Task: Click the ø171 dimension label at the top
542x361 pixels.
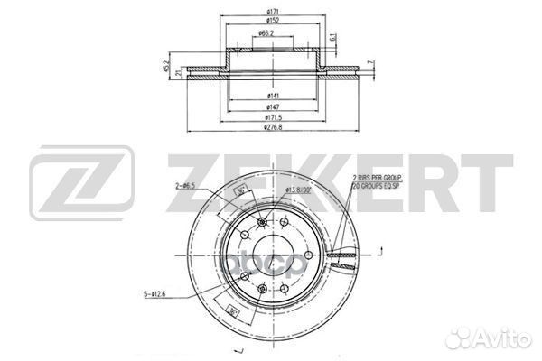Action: click(272, 12)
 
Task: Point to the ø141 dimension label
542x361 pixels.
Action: click(272, 95)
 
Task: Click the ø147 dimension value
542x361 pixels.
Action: click(272, 106)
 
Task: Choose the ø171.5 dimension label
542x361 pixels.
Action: click(272, 117)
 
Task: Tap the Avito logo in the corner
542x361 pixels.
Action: click(500, 340)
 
